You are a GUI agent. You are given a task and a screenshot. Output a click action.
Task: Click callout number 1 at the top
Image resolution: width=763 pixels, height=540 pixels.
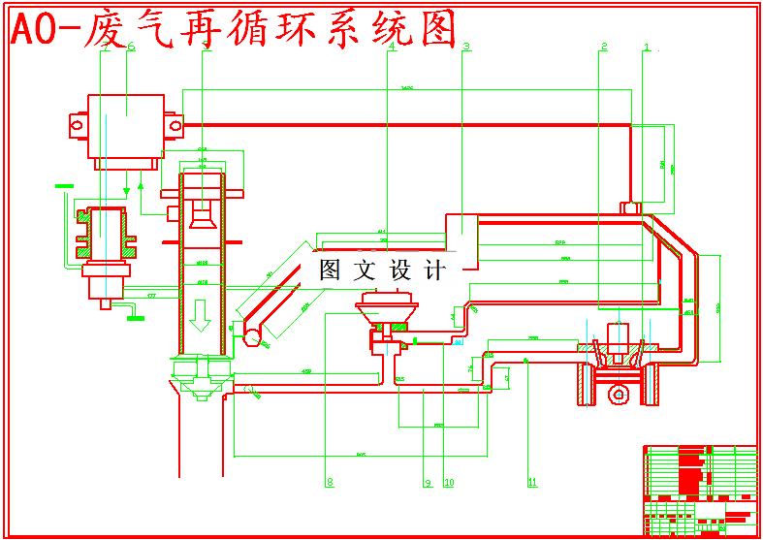click(647, 46)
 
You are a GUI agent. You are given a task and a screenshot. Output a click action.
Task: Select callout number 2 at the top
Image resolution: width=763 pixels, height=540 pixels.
click(603, 46)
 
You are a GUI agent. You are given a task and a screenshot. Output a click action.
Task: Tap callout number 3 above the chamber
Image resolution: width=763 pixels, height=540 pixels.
click(466, 46)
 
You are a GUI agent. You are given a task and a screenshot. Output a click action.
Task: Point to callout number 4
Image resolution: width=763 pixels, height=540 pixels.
click(392, 46)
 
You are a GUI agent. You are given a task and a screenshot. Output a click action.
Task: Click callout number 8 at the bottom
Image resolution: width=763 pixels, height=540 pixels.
click(330, 482)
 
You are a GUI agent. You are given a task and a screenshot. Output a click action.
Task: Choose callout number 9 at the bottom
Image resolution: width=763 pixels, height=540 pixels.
click(427, 482)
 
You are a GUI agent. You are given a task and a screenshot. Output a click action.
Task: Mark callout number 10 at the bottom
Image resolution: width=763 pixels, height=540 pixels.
click(449, 482)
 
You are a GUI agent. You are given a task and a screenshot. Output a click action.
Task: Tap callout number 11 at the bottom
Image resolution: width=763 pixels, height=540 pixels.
click(531, 482)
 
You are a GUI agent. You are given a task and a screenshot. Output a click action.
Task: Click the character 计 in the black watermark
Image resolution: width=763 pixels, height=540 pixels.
click(433, 270)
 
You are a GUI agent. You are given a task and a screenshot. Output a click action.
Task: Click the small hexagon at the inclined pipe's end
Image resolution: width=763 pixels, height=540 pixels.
click(253, 337)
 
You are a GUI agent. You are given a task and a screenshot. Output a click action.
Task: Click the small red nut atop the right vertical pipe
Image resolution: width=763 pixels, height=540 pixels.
click(630, 206)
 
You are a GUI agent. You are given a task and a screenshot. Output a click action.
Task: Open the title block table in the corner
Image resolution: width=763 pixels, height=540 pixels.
click(699, 490)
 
